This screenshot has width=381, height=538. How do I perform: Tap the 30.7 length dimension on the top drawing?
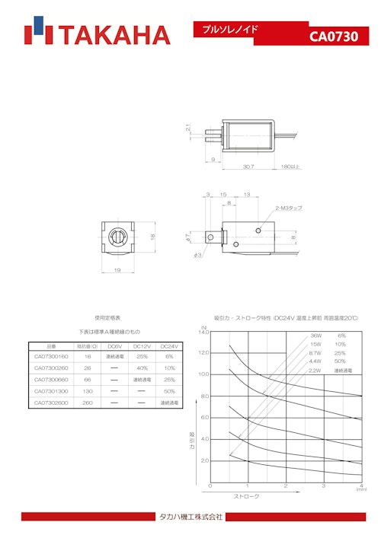[x=248, y=166]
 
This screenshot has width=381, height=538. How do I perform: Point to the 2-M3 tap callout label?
[x=289, y=208]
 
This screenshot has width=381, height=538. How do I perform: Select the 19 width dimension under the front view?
[x=117, y=269]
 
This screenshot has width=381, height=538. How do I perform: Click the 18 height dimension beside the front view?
[x=152, y=237]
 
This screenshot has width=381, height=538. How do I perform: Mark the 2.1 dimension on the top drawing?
[x=187, y=129]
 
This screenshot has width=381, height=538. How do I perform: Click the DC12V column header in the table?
[x=141, y=345]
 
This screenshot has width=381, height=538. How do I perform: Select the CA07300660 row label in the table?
[x=52, y=379]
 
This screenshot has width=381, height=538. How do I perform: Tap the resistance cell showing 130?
[x=88, y=391]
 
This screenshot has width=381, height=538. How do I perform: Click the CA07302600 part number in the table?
[x=52, y=403]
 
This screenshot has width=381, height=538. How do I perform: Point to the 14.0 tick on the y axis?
[x=203, y=332]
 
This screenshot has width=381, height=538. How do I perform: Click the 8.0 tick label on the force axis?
[x=203, y=396]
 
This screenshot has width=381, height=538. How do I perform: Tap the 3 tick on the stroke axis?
[x=323, y=485]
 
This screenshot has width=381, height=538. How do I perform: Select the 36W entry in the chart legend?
[x=315, y=336]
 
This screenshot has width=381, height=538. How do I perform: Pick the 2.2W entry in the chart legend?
[x=315, y=370]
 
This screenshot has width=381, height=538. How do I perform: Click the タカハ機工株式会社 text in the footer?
[x=190, y=517]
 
